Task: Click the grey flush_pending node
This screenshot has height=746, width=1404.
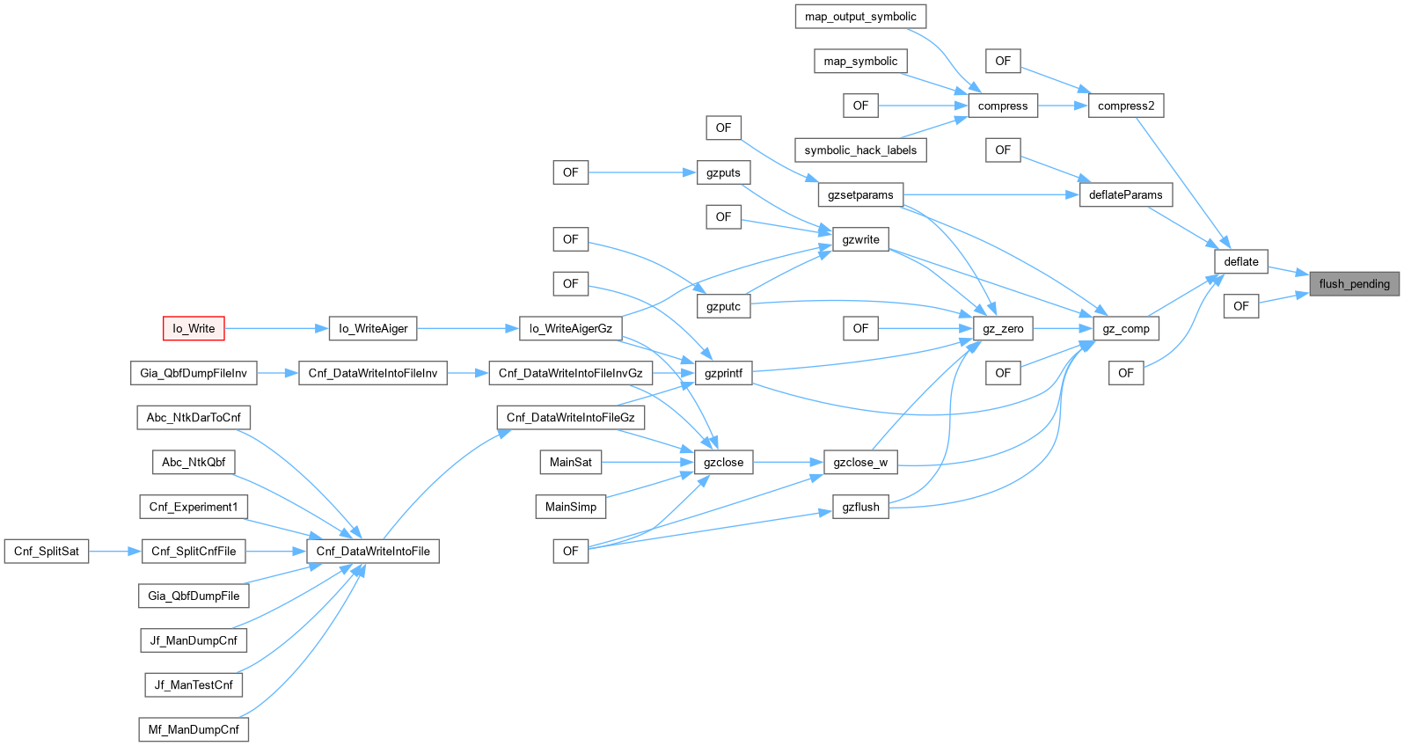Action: [1354, 284]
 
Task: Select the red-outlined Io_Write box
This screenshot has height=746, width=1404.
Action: [194, 328]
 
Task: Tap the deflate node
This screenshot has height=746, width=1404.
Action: [1241, 261]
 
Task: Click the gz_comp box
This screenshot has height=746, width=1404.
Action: [1126, 328]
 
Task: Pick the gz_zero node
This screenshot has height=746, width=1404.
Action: [1003, 328]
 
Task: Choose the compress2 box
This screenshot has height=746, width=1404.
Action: [1126, 106]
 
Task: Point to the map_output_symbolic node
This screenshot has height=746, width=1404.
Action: [860, 17]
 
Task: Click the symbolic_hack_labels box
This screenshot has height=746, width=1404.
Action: [860, 150]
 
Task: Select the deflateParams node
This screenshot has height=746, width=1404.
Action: [1126, 195]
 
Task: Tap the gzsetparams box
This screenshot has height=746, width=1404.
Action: [860, 195]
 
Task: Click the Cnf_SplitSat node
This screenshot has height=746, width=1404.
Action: [47, 551]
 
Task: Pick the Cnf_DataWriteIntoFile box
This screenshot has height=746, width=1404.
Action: [373, 551]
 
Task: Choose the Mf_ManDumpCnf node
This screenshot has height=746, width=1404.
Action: [194, 729]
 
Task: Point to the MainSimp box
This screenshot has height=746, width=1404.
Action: [570, 507]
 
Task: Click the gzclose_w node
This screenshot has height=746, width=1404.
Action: [860, 462]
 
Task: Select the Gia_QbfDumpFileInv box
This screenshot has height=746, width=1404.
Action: [194, 373]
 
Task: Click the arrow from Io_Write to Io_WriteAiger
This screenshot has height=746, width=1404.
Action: [276, 328]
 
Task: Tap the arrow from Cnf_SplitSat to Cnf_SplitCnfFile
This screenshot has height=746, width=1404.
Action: [114, 551]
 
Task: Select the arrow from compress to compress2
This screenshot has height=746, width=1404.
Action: [1063, 106]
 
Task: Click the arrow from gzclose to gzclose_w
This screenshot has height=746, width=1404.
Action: [788, 462]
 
